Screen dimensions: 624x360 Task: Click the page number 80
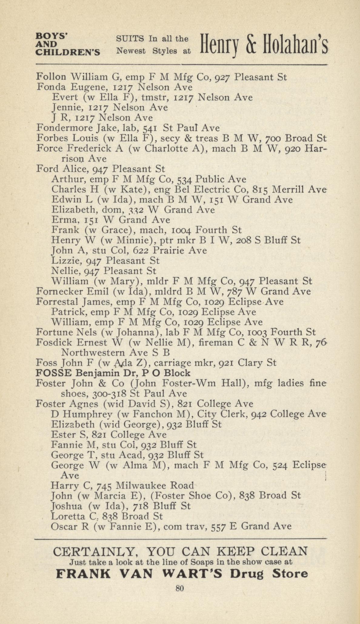click(180, 589)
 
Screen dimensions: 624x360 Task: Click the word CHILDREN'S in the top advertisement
click(68, 52)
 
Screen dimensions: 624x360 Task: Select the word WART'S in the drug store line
click(195, 573)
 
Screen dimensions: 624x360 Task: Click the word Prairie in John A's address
click(168, 250)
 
